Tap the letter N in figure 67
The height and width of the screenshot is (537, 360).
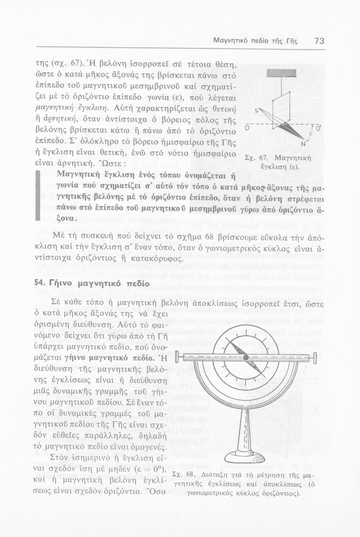click(303, 144)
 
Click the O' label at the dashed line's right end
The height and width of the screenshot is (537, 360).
click(318, 128)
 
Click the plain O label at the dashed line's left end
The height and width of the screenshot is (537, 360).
click(247, 128)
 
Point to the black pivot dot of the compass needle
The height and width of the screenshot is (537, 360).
click(246, 357)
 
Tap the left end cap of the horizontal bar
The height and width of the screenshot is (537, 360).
click(177, 357)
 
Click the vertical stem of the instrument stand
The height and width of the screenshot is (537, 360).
click(246, 422)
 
